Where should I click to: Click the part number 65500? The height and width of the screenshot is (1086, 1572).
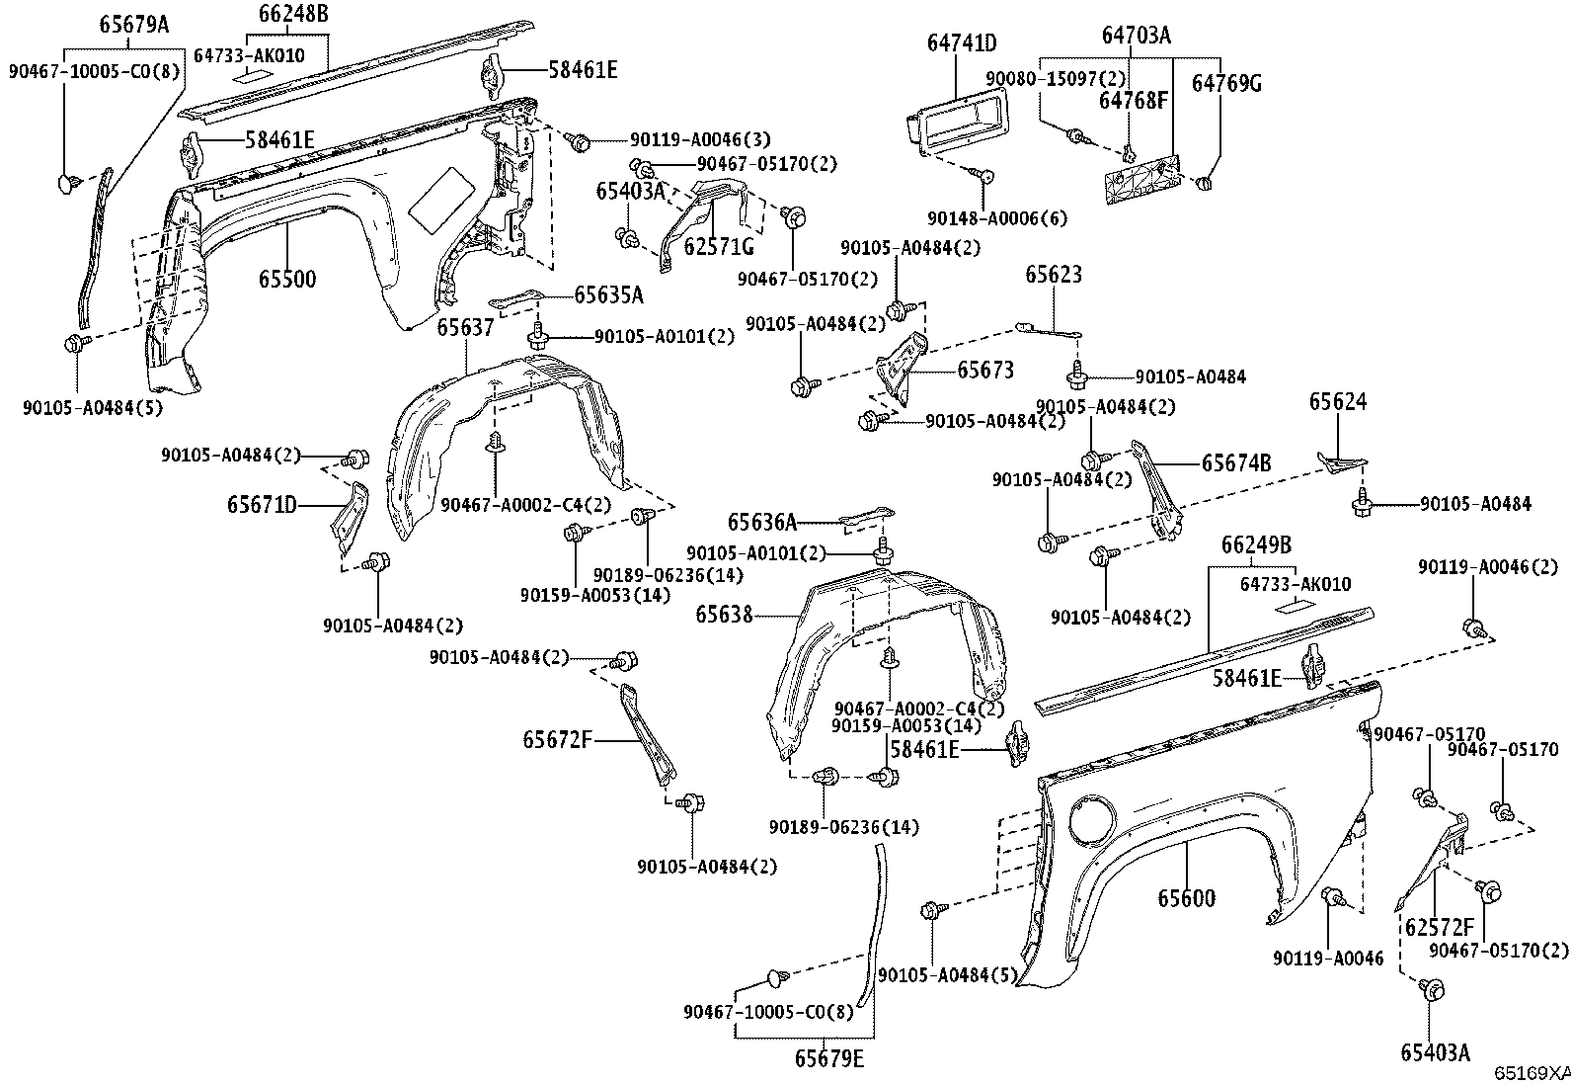point(287,280)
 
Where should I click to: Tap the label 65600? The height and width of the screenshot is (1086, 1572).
point(1186,898)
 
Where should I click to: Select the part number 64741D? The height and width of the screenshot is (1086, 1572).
point(961,42)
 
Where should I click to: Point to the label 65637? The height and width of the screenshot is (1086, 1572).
point(465,327)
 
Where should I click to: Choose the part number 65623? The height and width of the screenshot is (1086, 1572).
point(1053,275)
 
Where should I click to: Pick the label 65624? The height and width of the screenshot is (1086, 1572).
point(1338,401)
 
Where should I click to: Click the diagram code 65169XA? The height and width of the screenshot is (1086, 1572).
point(1531,1073)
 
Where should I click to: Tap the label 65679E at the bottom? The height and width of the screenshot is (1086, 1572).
point(828,1059)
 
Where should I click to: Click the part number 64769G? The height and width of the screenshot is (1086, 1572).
point(1225,83)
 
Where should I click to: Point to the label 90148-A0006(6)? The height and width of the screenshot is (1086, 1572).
point(997,218)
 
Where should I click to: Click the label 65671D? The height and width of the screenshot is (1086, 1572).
point(262,506)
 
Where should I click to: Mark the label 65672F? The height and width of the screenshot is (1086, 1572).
point(557,739)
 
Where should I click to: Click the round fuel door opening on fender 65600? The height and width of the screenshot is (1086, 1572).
point(1093,819)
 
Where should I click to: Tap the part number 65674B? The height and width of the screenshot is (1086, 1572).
point(1235,462)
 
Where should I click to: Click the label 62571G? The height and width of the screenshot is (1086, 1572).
point(718,247)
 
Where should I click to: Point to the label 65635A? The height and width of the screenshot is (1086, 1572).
point(608,294)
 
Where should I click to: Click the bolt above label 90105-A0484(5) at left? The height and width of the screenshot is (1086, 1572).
point(74,344)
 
